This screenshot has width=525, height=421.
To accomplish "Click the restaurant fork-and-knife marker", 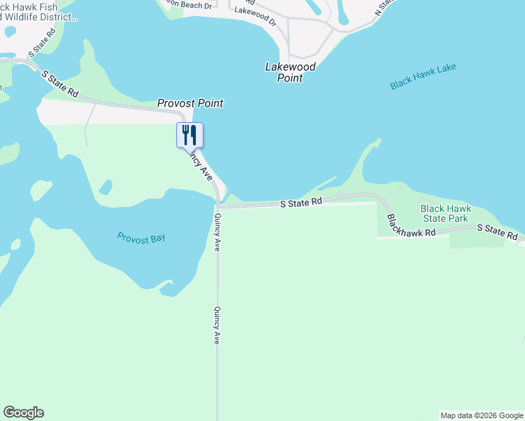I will point(189,134).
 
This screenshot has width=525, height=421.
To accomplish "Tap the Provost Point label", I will point(190,103).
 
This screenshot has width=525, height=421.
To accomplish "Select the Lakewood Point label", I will point(290,72).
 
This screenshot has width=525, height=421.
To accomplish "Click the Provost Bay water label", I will point(141,238).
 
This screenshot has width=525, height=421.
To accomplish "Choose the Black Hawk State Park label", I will point(445,213).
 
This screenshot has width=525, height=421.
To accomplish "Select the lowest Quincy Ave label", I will point(218,325).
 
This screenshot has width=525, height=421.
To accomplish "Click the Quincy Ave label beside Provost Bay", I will point(218,232).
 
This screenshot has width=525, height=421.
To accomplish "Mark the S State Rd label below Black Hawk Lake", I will point(300,201).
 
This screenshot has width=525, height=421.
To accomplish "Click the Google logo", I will point(23,413).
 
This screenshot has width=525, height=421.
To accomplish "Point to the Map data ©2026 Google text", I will point(481,415).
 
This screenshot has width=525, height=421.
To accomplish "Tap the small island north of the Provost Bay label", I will point(105,187).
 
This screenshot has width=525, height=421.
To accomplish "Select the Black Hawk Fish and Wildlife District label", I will point(36,11).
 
